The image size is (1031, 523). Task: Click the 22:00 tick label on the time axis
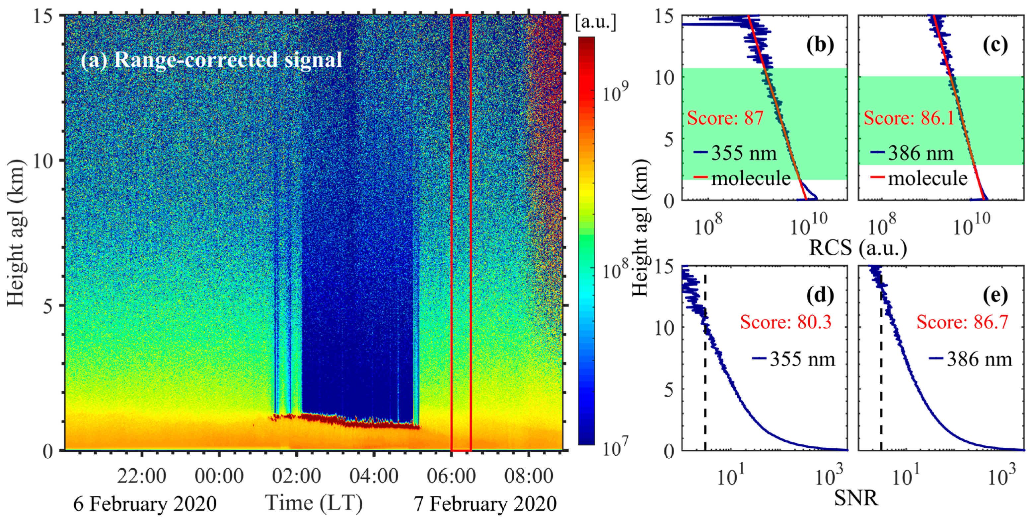tap(141, 477)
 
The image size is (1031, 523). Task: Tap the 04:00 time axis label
tap(374, 477)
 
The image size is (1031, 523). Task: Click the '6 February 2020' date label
tap(145, 504)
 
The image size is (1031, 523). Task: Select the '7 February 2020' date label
tap(485, 504)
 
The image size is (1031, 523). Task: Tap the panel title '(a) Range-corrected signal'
tap(211, 60)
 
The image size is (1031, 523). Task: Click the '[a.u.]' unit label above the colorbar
tap(595, 23)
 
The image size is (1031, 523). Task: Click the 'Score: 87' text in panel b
tap(725, 118)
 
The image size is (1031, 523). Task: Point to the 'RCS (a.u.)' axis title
tap(858, 248)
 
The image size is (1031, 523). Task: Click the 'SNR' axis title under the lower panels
tap(856, 498)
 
